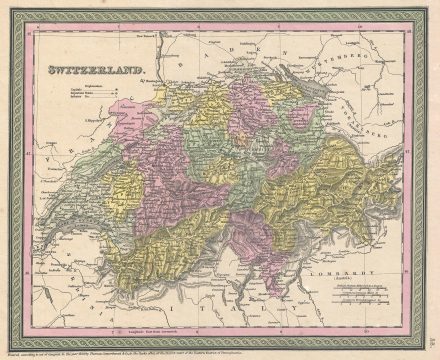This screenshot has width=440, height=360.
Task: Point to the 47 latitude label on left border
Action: [29, 124]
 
